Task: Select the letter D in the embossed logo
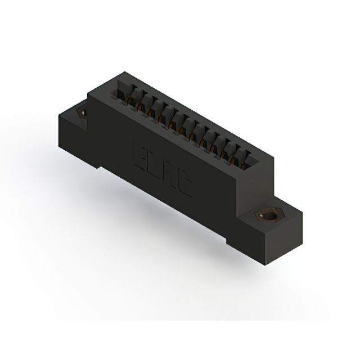click(155, 165)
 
